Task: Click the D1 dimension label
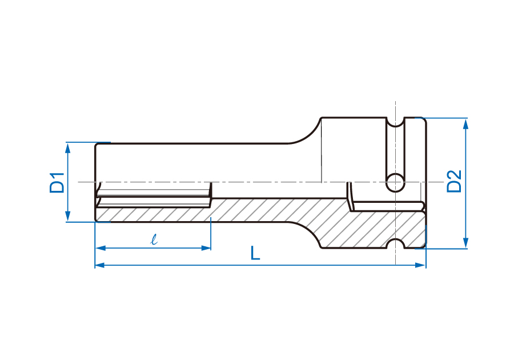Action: (57, 182)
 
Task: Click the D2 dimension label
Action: (455, 181)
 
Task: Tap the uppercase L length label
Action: (255, 253)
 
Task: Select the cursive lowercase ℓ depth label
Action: (154, 239)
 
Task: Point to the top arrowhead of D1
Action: (68, 148)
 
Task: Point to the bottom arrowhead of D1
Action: (68, 216)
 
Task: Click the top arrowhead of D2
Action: (465, 124)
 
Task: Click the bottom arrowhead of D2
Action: (465, 243)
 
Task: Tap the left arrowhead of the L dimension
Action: (100, 265)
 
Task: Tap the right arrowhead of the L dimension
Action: (420, 265)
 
